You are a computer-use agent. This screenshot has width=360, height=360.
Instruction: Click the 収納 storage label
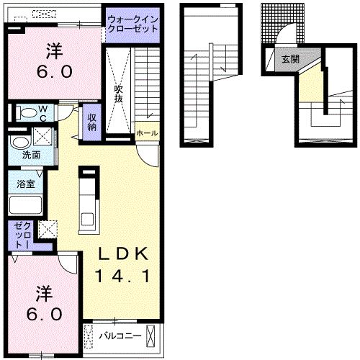click(x=93, y=122)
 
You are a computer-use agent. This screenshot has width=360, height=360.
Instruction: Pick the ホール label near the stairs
click(x=146, y=134)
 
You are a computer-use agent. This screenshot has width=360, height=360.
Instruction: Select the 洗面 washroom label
click(x=30, y=154)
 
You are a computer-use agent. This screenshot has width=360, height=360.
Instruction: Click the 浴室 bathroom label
click(x=26, y=184)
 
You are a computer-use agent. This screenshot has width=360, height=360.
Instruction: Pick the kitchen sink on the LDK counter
click(x=89, y=218)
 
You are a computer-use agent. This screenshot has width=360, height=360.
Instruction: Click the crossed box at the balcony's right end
click(x=150, y=335)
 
